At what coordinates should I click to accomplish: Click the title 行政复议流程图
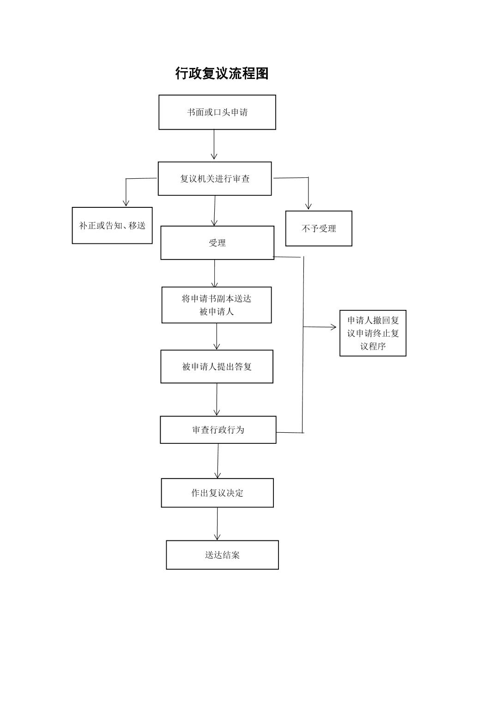[222, 73]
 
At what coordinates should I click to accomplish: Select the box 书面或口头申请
[217, 112]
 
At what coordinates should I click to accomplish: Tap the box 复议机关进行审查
[215, 179]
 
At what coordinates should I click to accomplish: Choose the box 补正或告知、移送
[112, 225]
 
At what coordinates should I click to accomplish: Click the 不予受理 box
[319, 229]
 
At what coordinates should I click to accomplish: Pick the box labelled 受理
[217, 243]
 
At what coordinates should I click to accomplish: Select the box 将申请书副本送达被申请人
[217, 305]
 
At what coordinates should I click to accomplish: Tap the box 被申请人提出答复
[217, 367]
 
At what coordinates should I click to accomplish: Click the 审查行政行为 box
[218, 430]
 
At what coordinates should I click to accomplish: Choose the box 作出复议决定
[217, 493]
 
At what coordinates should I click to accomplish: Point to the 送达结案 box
[222, 555]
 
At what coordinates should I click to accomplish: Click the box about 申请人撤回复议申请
[373, 333]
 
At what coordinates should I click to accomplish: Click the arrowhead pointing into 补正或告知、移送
[126, 203]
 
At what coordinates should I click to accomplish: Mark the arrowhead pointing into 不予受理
[308, 206]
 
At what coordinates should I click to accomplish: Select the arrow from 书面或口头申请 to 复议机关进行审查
[214, 145]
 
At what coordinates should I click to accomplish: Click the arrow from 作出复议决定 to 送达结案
[218, 524]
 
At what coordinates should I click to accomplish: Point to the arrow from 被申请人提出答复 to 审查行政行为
[217, 399]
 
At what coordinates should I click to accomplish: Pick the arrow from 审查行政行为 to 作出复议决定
[218, 461]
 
